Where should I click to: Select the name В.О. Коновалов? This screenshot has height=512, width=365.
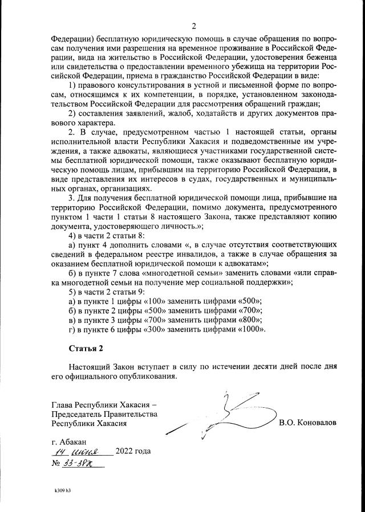point(307,423)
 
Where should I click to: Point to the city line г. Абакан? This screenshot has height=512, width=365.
point(69,441)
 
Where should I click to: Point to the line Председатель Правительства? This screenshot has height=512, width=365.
point(104,414)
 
